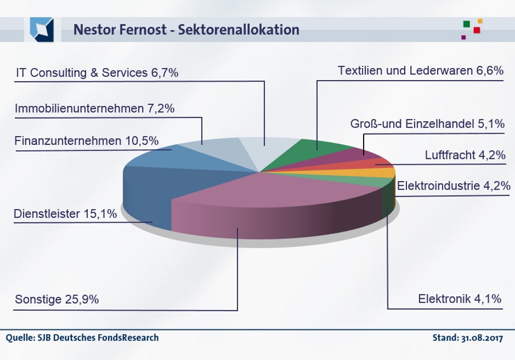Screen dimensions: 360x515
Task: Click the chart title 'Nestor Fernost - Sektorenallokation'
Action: pyautogui.click(x=186, y=29)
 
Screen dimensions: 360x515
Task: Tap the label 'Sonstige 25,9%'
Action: pyautogui.click(x=57, y=299)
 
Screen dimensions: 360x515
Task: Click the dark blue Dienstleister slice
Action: pyautogui.click(x=149, y=189)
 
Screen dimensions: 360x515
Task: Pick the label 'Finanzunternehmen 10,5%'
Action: pyautogui.click(x=86, y=141)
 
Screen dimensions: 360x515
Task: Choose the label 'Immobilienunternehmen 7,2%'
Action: pyautogui.click(x=95, y=108)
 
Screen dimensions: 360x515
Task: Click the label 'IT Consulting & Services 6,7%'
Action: pyautogui.click(x=97, y=72)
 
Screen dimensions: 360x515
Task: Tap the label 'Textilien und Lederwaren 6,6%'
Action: pyautogui.click(x=420, y=71)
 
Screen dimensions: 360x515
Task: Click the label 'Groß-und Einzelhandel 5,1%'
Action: pyautogui.click(x=427, y=124)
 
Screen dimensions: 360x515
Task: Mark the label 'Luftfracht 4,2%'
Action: pyautogui.click(x=465, y=156)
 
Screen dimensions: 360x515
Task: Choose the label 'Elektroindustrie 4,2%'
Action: pyautogui.click(x=453, y=186)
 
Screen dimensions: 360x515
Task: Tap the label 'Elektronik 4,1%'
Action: pyautogui.click(x=460, y=299)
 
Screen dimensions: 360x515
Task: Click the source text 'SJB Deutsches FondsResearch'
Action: pyautogui.click(x=97, y=338)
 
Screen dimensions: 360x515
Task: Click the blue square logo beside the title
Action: pyautogui.click(x=42, y=29)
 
